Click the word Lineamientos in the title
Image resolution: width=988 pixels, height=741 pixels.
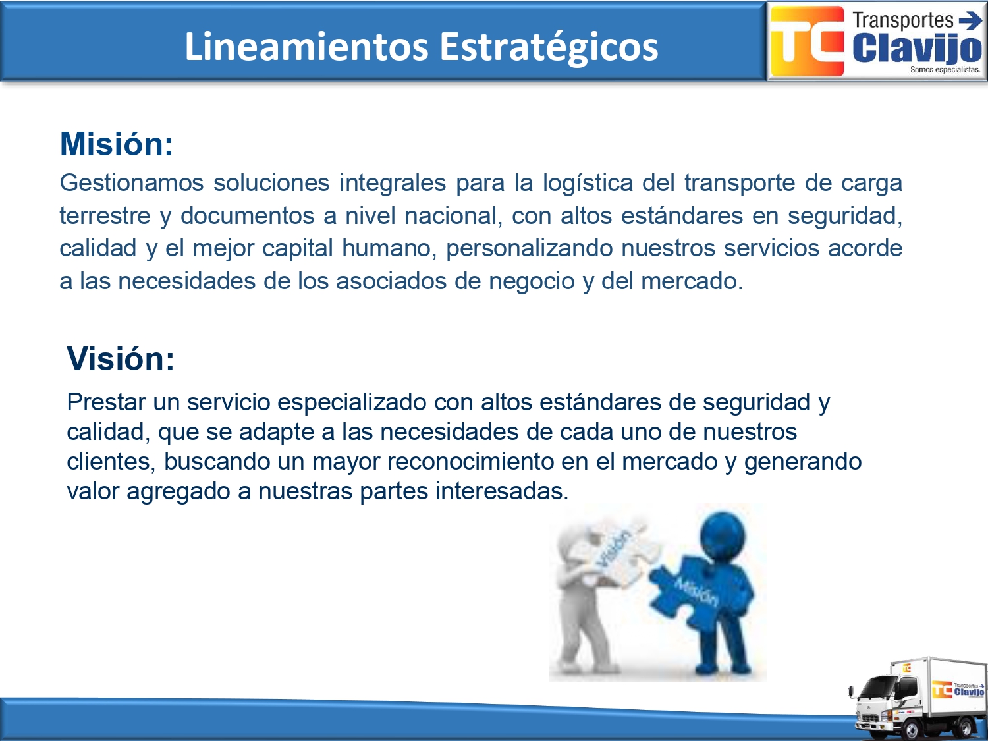[306, 46]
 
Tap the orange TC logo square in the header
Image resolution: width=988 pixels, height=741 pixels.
[807, 41]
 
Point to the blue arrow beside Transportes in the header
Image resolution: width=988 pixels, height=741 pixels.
[970, 20]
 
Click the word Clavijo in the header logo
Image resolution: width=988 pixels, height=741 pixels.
[918, 49]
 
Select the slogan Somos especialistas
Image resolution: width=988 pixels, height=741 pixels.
[945, 70]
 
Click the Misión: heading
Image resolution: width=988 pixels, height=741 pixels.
[117, 144]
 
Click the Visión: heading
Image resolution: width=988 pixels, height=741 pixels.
[121, 358]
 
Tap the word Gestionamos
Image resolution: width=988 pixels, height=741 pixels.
[132, 182]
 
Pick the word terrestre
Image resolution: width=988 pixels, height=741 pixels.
[105, 216]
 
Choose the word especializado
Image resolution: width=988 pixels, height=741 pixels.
[352, 402]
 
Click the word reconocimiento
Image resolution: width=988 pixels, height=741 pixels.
[470, 461]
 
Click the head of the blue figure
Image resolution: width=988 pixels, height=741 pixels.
[723, 535]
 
